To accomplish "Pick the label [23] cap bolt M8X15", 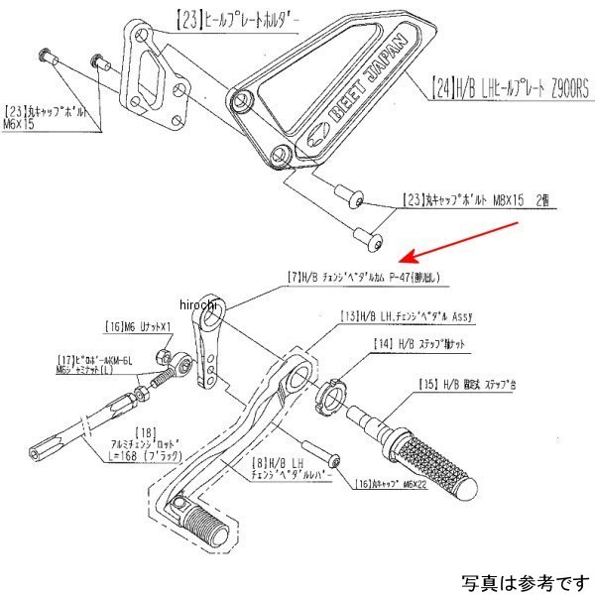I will click(x=478, y=199).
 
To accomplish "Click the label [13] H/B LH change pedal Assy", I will click(x=407, y=316).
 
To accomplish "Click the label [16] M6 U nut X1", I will click(x=140, y=325).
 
